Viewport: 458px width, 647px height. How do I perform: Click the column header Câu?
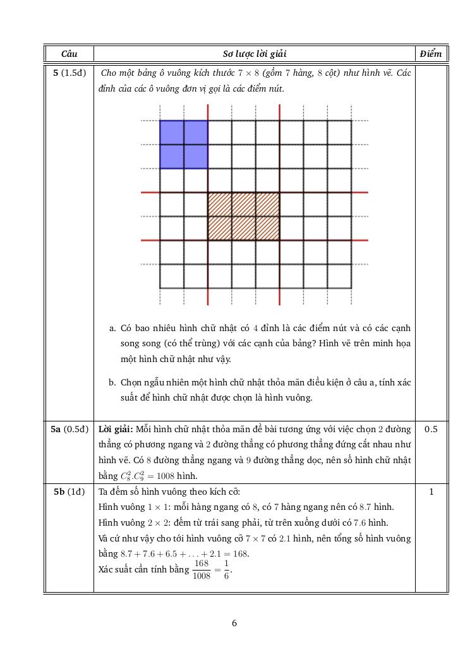click(69, 54)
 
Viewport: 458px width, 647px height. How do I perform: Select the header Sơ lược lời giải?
click(255, 54)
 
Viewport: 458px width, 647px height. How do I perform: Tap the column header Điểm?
click(431, 54)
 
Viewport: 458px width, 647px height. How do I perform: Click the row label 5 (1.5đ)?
click(69, 73)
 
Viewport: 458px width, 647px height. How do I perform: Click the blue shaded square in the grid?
click(184, 145)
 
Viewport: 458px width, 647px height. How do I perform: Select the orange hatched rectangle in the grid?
click(244, 216)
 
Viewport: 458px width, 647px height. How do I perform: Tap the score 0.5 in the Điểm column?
click(431, 430)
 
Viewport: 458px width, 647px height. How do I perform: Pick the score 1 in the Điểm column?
click(431, 492)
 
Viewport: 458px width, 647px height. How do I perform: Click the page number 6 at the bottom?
click(234, 624)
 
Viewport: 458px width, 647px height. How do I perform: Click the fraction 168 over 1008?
click(201, 569)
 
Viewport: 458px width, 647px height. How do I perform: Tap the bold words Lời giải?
click(116, 430)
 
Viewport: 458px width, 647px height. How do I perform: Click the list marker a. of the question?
click(112, 328)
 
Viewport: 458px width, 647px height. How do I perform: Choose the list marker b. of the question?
click(112, 383)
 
